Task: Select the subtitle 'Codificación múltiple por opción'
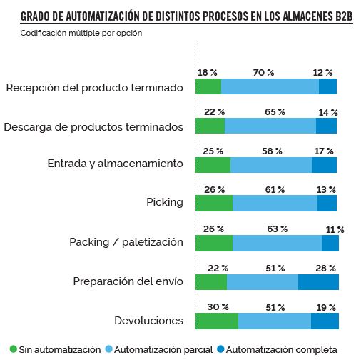[81, 34]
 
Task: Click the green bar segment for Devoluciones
[216, 321]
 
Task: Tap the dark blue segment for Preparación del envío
[318, 281]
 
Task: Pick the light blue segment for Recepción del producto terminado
[270, 87]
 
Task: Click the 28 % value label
[325, 267]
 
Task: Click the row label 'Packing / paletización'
[126, 242]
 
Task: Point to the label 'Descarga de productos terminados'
[93, 126]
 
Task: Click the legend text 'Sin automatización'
[59, 350]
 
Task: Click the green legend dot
[13, 350]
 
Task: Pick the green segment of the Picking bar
[213, 204]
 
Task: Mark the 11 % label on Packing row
[335, 229]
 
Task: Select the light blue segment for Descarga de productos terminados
[270, 126]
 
